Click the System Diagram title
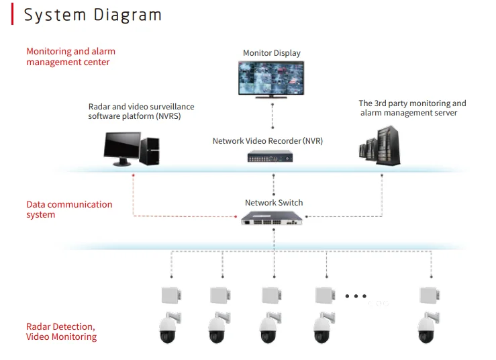[93, 15]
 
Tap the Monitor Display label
[272, 53]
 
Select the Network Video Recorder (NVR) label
[268, 141]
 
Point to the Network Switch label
[274, 203]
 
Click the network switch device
[272, 218]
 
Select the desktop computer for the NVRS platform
[132, 148]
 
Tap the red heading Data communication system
[69, 210]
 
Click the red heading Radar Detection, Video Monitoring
[61, 332]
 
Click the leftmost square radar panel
[171, 296]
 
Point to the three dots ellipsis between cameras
[355, 296]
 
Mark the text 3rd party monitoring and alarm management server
[411, 108]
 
